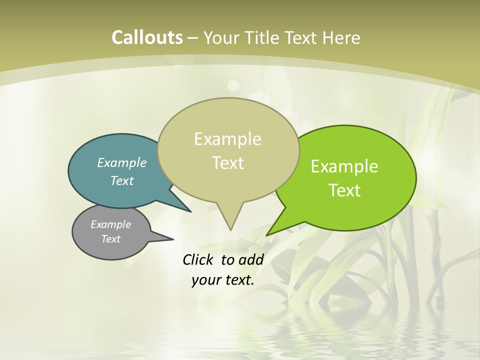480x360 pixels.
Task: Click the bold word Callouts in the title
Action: pyautogui.click(x=147, y=37)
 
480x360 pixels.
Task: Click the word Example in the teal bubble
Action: pyautogui.click(x=122, y=162)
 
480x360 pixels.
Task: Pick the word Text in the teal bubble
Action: pyautogui.click(x=122, y=180)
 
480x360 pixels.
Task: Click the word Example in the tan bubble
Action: pyautogui.click(x=227, y=139)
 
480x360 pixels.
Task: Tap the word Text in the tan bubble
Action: pyautogui.click(x=227, y=163)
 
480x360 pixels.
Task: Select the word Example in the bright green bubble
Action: pyautogui.click(x=344, y=166)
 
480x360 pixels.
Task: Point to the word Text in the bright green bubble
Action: pyautogui.click(x=344, y=190)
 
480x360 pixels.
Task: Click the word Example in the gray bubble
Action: pyautogui.click(x=110, y=224)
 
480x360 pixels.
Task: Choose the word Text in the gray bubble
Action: pyautogui.click(x=110, y=239)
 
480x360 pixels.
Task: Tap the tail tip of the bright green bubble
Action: pyautogui.click(x=268, y=234)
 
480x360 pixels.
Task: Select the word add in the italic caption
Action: pyautogui.click(x=251, y=259)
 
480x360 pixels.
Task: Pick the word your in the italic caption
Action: pyautogui.click(x=206, y=280)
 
